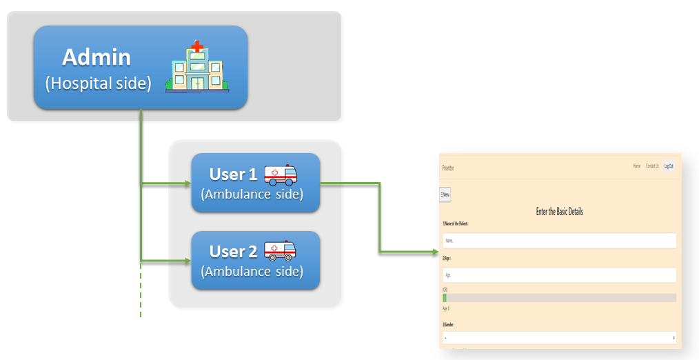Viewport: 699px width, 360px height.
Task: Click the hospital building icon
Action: coord(197,67)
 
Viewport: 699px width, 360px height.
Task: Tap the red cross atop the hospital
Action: coord(198,47)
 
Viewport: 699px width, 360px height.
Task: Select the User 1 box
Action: coord(255,183)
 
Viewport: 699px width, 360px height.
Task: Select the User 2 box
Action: coord(255,260)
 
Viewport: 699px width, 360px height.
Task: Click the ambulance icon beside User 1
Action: coord(282,175)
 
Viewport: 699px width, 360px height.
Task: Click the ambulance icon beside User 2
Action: coord(282,250)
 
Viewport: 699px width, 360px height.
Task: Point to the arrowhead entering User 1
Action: coord(187,184)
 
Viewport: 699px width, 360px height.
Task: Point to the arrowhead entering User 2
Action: coord(187,261)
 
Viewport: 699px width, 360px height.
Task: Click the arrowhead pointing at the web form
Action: coord(434,252)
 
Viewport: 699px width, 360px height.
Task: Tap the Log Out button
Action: coord(669,166)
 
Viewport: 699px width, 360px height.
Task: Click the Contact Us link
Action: coord(652,166)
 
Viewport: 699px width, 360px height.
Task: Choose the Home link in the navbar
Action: coord(637,166)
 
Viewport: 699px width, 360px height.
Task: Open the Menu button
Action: coord(445,194)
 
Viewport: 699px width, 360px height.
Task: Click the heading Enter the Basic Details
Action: coord(559,212)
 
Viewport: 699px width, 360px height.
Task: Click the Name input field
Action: coord(559,241)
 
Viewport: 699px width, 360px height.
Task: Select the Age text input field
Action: coord(559,274)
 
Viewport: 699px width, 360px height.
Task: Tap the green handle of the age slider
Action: coord(445,298)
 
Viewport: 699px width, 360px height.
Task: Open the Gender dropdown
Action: coord(559,338)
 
